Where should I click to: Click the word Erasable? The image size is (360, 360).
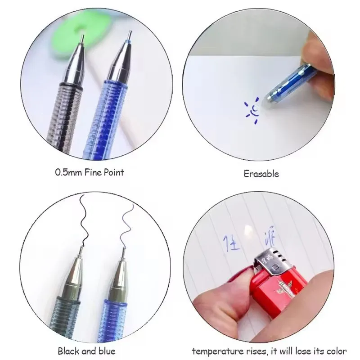(x=262, y=173)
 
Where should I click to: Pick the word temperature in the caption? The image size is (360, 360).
(x=216, y=351)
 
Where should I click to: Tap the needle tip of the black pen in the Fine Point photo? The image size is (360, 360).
(x=83, y=36)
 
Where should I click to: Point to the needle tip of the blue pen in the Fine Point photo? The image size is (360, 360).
(x=129, y=36)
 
